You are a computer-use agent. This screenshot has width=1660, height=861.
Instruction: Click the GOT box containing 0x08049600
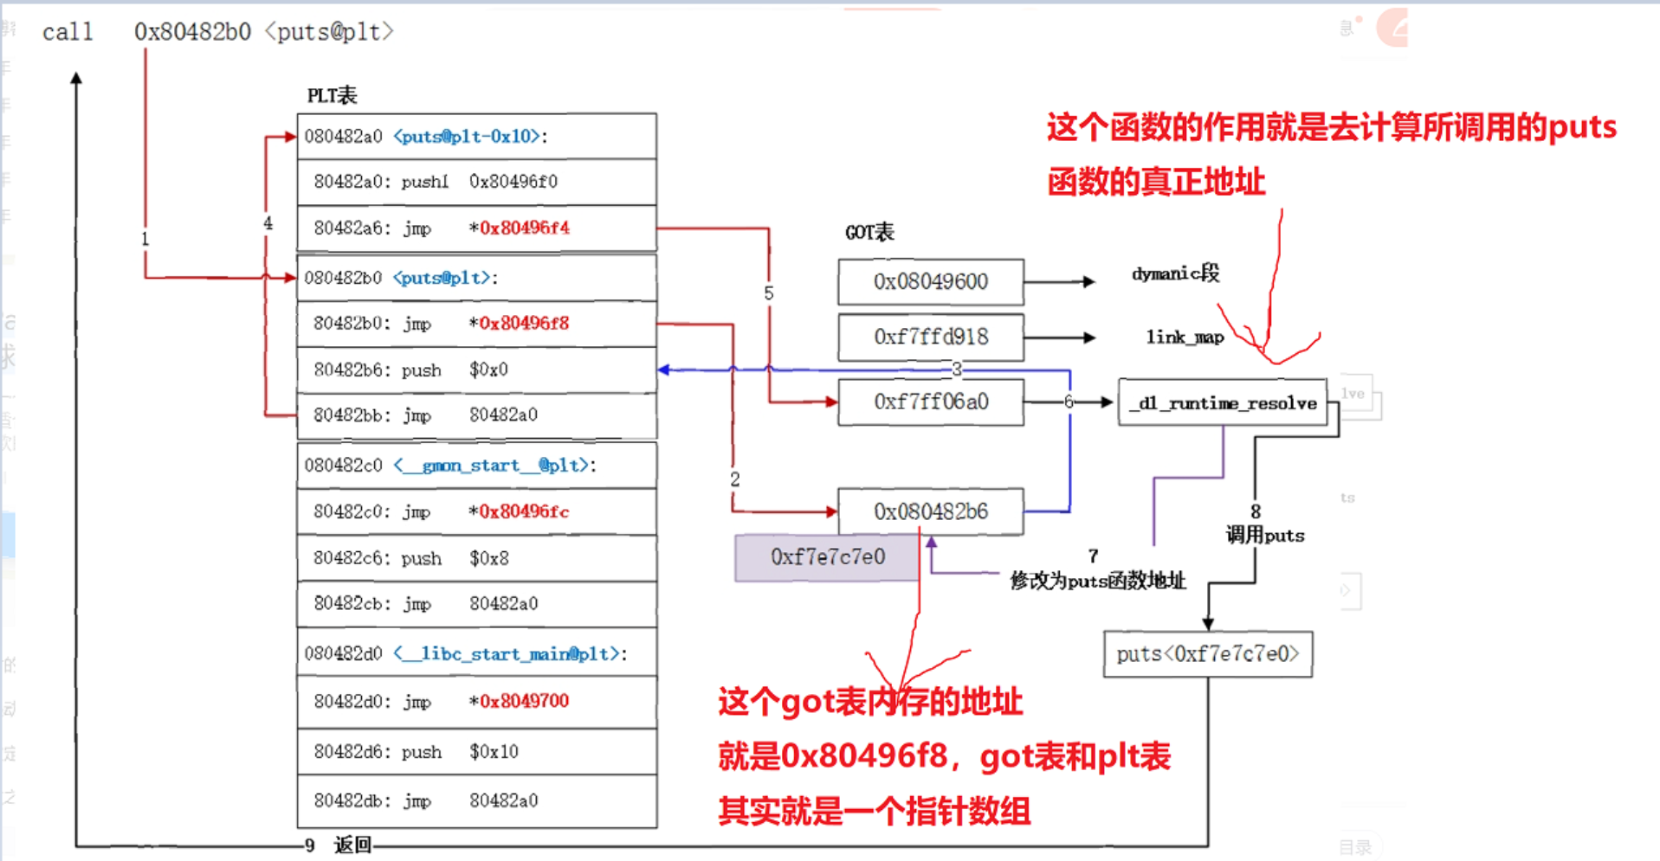coord(930,282)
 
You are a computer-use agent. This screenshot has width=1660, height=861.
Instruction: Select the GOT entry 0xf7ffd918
coord(930,337)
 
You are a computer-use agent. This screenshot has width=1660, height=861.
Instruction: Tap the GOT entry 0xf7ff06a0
coord(930,402)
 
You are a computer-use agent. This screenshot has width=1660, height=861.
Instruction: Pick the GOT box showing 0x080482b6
coord(930,511)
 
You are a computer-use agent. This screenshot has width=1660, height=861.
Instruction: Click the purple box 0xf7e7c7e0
coord(827,556)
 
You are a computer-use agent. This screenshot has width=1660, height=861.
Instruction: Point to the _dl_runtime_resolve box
coord(1222,402)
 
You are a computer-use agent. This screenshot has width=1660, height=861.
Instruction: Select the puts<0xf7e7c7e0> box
coord(1207,654)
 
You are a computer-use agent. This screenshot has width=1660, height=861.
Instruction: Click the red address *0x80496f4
coord(524,228)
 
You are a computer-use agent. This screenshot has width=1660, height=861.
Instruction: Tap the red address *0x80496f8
coord(524,323)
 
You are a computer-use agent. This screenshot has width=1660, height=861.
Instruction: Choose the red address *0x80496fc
coord(524,511)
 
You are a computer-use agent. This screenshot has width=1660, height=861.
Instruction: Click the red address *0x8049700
coord(524,701)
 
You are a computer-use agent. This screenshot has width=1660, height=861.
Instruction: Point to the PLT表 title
coord(332,95)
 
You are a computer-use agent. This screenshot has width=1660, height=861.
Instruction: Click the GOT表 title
coord(869,232)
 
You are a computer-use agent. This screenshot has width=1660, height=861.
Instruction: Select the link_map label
coord(1184,337)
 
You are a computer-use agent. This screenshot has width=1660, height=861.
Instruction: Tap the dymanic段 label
coord(1175,273)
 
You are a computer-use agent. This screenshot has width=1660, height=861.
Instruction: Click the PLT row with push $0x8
coord(476,558)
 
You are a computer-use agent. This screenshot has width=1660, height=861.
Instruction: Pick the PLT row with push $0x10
coord(476,751)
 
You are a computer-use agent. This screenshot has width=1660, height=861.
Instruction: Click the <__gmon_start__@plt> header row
coord(476,465)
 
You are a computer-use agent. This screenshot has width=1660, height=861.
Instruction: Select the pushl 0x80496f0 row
coord(476,182)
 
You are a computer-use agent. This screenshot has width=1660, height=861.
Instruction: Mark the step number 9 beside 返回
coord(309,845)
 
